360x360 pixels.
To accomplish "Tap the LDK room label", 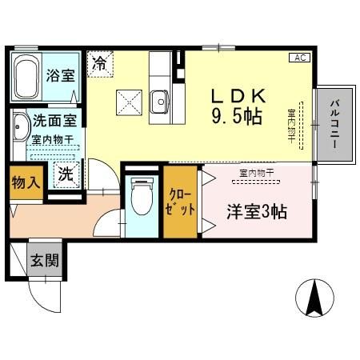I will coord(237,96).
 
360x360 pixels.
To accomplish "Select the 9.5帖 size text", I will coord(237,117).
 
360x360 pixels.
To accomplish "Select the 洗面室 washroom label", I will coord(54,122).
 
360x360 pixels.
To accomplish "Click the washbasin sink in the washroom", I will coord(20,128).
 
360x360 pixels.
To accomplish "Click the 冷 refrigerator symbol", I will coord(101,62).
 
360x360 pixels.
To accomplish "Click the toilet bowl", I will coord(141,197).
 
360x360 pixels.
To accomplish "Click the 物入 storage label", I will coord(24,182).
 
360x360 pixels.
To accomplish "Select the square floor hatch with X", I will coord(128,102).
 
